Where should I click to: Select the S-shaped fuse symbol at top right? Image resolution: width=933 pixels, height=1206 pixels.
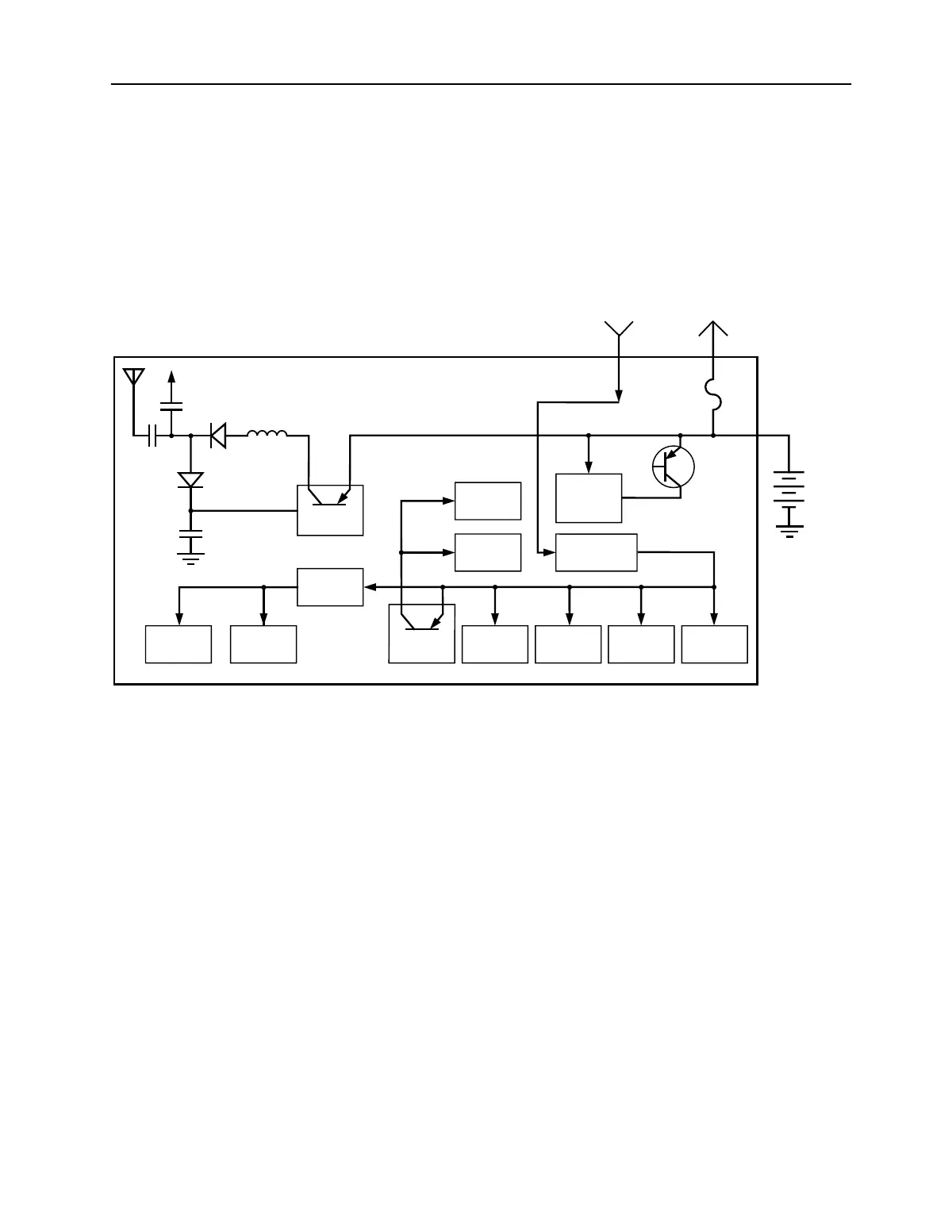[x=713, y=395]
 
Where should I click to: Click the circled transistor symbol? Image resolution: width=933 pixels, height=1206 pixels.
[x=673, y=467]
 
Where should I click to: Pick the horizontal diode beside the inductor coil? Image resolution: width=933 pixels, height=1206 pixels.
[x=217, y=435]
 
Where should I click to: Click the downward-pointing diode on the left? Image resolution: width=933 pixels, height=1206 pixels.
[x=190, y=480]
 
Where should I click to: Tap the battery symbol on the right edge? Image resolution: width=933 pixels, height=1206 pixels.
[x=789, y=486]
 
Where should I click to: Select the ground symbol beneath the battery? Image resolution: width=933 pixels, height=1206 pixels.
[x=789, y=531]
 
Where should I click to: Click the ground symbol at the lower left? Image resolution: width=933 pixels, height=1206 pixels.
[x=190, y=558]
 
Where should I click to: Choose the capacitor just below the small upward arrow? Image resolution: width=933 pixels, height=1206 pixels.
[x=171, y=407]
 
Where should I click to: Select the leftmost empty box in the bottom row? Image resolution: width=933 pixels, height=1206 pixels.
[x=179, y=643]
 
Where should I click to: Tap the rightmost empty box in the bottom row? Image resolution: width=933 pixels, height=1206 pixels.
[x=714, y=643]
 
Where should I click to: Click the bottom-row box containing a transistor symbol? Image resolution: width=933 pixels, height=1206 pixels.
[x=421, y=633]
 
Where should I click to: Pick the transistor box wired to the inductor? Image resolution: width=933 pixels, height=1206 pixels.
[x=330, y=509]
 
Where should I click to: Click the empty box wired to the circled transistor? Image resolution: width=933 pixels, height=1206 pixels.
[x=589, y=497]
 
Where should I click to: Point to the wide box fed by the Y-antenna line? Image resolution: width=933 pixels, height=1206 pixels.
[x=596, y=552]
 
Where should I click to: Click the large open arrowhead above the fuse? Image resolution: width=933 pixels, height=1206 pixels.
[x=713, y=328]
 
